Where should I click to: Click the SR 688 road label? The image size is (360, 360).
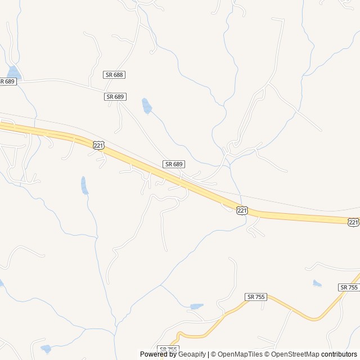click(x=114, y=74)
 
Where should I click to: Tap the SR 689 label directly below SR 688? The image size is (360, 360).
click(x=115, y=97)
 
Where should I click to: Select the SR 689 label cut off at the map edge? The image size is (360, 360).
click(x=7, y=82)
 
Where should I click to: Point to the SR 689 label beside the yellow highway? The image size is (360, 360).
click(x=174, y=164)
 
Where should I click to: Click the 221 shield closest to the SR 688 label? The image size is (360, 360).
click(x=98, y=145)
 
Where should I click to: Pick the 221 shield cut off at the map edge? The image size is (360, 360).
click(x=353, y=223)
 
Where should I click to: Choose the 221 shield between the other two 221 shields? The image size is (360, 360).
click(x=242, y=210)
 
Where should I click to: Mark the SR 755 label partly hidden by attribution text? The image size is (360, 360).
click(x=168, y=349)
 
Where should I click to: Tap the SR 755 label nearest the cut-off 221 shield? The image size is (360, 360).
click(x=348, y=287)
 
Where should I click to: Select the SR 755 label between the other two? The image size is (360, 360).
click(x=256, y=296)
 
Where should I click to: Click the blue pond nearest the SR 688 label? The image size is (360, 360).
click(x=147, y=106)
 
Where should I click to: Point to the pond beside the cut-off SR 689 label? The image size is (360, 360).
click(x=15, y=73)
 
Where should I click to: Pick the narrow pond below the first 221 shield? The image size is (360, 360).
click(x=84, y=185)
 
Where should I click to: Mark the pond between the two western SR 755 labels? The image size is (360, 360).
click(x=196, y=307)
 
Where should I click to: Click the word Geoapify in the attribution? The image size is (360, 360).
click(x=192, y=354)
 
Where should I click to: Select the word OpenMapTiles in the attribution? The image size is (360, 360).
click(x=240, y=354)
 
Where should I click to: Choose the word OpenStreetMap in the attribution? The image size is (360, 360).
click(x=295, y=354)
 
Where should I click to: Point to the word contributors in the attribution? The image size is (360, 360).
click(x=339, y=354)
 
